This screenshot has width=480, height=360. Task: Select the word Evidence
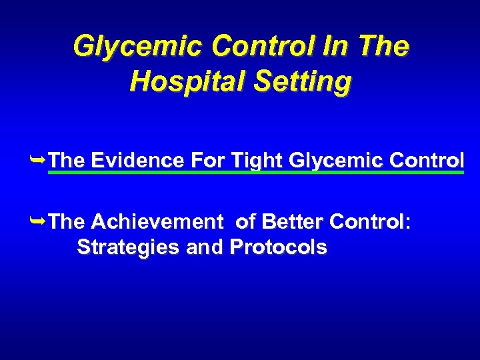pos(137,160)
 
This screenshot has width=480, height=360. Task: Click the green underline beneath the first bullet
pos(257,173)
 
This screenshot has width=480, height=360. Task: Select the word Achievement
pos(157,221)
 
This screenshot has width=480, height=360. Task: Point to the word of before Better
pos(246,221)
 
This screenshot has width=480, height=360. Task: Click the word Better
pos(289,221)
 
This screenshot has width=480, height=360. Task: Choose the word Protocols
pos(278,247)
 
